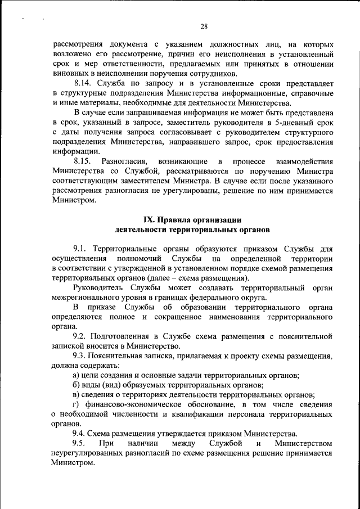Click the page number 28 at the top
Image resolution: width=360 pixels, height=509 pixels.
click(204, 26)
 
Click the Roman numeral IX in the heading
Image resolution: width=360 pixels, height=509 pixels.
click(149, 220)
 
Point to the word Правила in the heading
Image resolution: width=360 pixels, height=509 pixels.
click(174, 220)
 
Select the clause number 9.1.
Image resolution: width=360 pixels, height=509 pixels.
click(80, 249)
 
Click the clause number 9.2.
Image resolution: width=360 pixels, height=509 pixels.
click(80, 336)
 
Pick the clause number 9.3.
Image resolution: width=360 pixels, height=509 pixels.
click(80, 356)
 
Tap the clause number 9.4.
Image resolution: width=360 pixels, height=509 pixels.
click(80, 434)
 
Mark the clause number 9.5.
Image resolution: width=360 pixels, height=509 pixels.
click(81, 444)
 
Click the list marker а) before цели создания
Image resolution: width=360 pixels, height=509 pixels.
click(77, 375)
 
